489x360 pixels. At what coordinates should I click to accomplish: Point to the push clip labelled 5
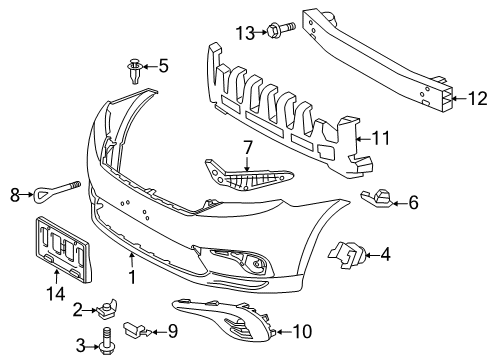pos(135,70)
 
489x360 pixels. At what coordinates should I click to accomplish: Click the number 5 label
pos(163,67)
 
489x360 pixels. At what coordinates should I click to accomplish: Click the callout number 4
pos(384,255)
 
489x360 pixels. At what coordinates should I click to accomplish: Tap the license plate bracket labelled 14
pos(62,251)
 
